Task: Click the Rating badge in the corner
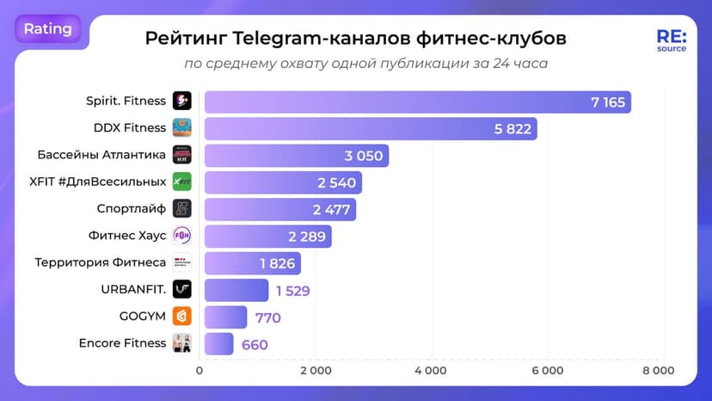click(47, 28)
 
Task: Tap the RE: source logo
click(671, 41)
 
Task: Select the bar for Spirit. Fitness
click(417, 102)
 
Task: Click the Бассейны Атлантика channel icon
click(181, 155)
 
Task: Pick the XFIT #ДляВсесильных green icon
click(181, 182)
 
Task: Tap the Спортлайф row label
click(132, 208)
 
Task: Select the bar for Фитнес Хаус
click(267, 236)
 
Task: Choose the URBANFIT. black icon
click(181, 289)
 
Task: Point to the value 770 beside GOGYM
click(267, 318)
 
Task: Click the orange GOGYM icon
click(181, 316)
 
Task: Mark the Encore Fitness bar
click(218, 343)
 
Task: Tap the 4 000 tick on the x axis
click(430, 371)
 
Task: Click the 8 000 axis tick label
click(659, 371)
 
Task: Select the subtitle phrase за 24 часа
click(512, 64)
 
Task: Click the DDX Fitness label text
click(129, 127)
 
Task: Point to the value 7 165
click(607, 102)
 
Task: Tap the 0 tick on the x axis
click(200, 371)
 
